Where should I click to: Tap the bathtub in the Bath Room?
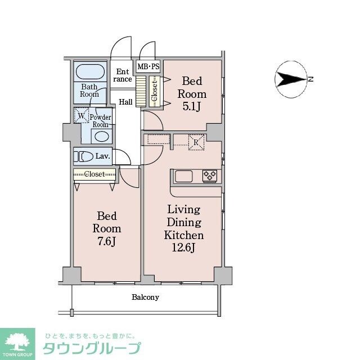[x=91, y=71]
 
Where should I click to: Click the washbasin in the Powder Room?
[x=101, y=136]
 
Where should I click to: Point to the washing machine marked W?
[x=81, y=116]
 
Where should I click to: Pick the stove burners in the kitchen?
[x=210, y=176]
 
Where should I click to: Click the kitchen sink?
[x=184, y=176]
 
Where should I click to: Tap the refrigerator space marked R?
[x=195, y=141]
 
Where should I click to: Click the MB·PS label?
[x=148, y=66]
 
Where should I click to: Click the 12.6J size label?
[x=183, y=247]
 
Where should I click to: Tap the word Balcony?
[x=146, y=297]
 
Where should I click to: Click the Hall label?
[x=126, y=102]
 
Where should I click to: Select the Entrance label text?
[x=123, y=75]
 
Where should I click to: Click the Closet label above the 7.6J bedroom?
[x=94, y=174]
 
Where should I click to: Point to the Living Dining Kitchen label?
[x=184, y=222]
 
